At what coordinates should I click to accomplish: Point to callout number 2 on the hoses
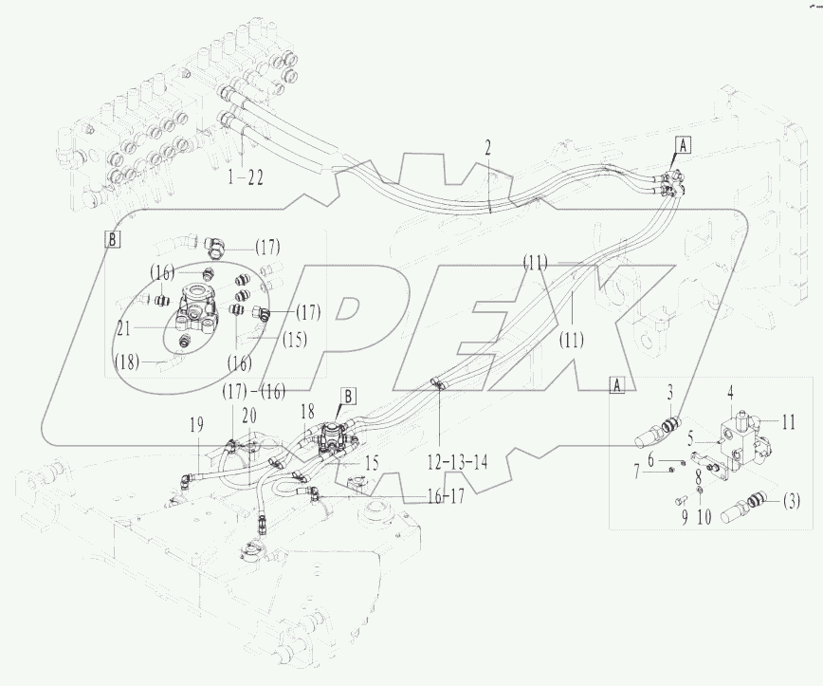487,147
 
